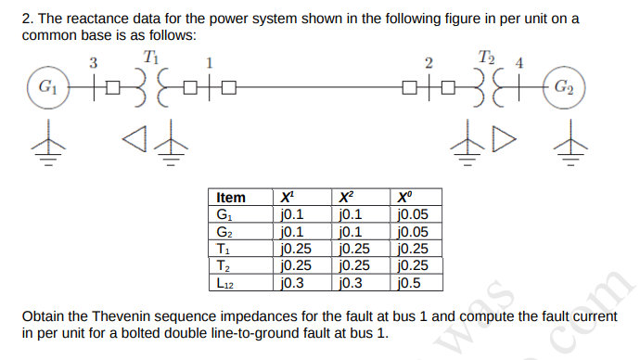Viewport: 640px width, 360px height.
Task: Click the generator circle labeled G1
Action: click(43, 88)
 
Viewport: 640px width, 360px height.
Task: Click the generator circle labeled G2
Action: click(562, 88)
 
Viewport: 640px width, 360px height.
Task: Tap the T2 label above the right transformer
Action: click(487, 58)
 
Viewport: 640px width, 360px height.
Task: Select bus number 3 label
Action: click(92, 63)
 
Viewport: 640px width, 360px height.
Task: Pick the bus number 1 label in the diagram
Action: click(210, 63)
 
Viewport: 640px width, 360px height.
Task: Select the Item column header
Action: click(231, 198)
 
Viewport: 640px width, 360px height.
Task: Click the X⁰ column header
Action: click(402, 198)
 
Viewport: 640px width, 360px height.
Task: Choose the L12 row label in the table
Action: click(225, 284)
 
